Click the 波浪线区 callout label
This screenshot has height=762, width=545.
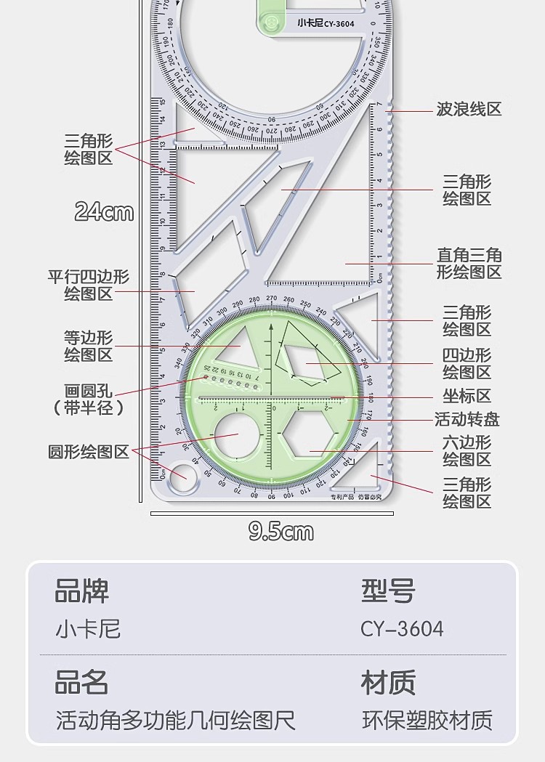click(x=469, y=110)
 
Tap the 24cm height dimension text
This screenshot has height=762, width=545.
click(x=105, y=211)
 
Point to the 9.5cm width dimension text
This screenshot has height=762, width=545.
click(x=281, y=532)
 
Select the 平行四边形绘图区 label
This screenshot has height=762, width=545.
click(x=89, y=285)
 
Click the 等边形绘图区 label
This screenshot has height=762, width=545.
click(x=89, y=346)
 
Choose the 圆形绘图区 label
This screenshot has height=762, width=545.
click(x=89, y=452)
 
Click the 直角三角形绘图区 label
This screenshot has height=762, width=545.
click(x=469, y=264)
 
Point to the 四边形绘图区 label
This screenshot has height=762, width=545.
click(x=467, y=364)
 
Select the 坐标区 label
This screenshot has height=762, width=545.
click(x=467, y=396)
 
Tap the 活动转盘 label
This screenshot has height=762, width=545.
click(x=467, y=419)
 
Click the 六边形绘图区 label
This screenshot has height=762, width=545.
click(x=467, y=450)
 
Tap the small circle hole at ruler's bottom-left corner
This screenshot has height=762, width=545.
click(x=177, y=478)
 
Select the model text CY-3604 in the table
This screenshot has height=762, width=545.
click(x=402, y=628)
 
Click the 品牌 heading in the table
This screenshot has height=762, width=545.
click(x=82, y=591)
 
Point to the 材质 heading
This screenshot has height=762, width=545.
click(x=388, y=683)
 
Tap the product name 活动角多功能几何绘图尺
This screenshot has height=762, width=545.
click(x=176, y=721)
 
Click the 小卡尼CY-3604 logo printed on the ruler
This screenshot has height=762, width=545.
click(x=326, y=23)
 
